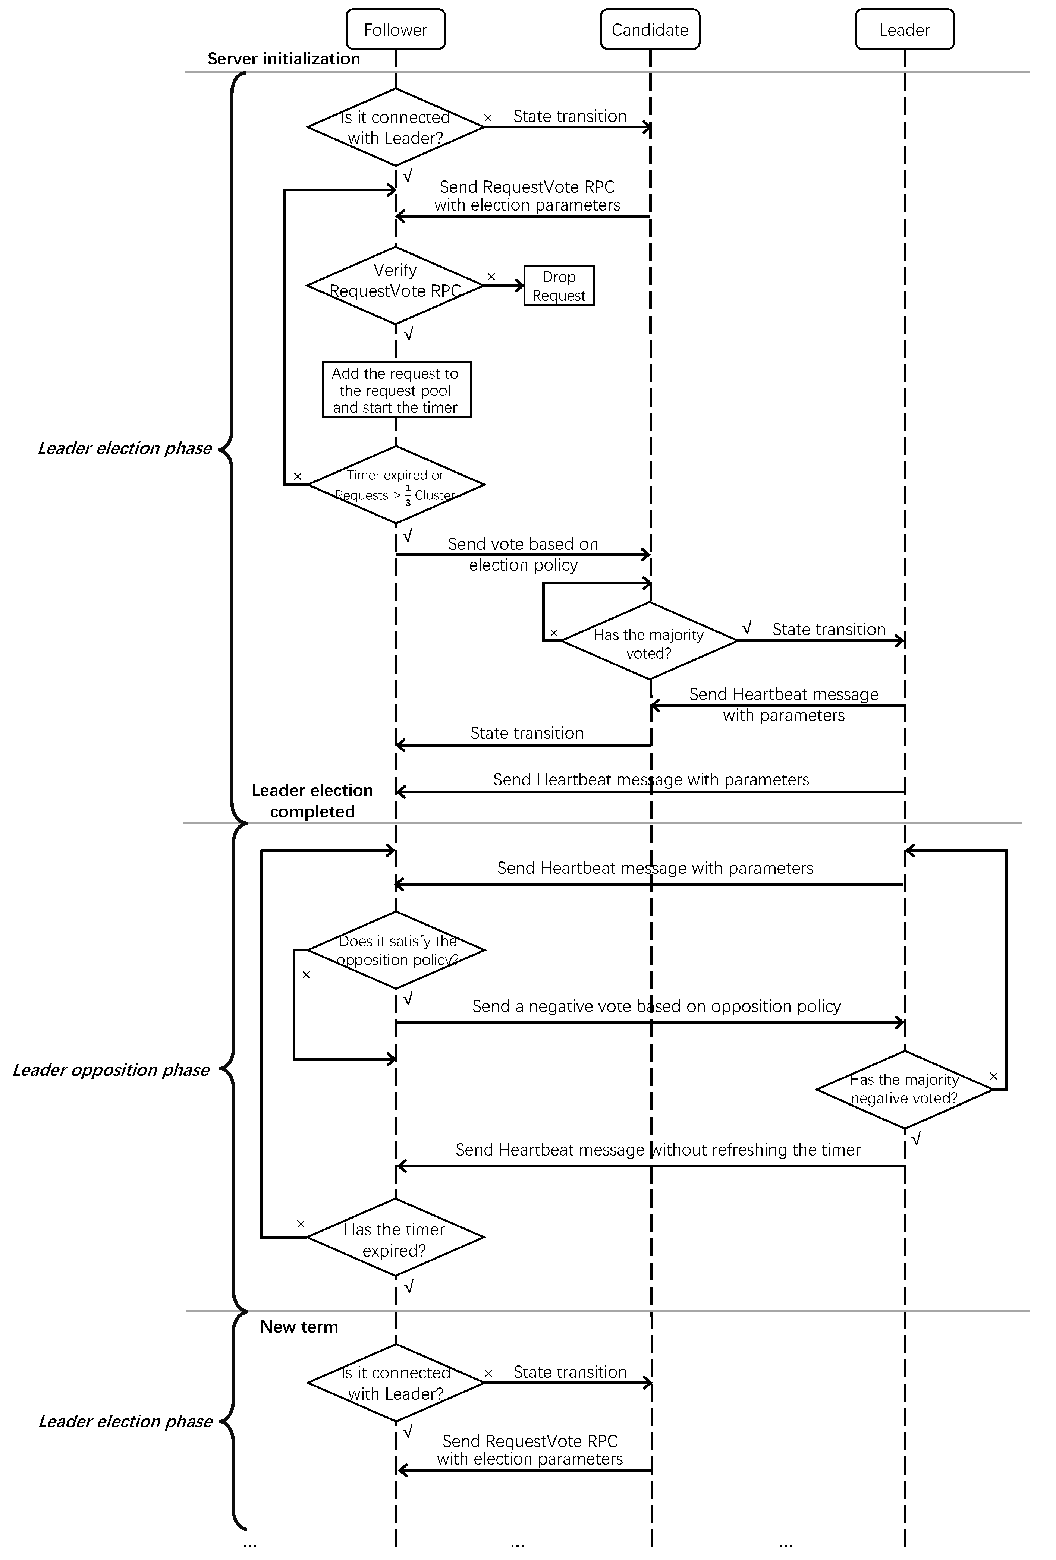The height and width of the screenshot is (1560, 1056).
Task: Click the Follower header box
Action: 395,29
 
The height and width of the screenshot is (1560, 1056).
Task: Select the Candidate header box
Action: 650,29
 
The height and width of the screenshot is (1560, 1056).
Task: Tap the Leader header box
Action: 904,29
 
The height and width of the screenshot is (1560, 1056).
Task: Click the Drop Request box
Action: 559,286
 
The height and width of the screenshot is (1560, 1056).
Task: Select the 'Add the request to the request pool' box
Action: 396,390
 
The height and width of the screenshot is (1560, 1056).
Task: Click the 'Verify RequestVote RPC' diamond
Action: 395,285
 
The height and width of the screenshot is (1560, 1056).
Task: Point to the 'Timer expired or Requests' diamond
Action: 395,485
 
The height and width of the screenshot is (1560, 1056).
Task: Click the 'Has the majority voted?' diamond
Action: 648,641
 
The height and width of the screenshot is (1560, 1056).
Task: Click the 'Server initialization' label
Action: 283,59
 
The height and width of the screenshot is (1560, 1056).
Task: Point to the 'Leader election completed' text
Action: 312,801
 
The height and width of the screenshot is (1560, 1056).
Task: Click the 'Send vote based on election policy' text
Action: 523,554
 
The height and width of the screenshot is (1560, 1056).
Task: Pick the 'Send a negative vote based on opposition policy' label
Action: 656,1006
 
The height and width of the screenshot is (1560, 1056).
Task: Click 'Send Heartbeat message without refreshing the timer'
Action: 657,1150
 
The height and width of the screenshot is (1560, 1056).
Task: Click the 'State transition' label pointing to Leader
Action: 829,630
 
